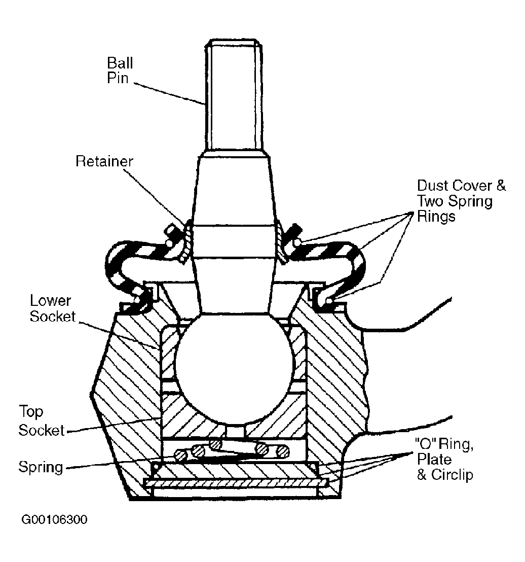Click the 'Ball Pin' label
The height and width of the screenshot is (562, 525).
(x=120, y=70)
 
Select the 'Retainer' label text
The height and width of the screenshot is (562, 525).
(x=104, y=161)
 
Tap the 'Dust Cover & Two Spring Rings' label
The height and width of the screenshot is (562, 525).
(x=461, y=201)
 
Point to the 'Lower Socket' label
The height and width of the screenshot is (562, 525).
(x=52, y=308)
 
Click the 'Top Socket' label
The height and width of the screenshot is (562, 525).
(x=41, y=420)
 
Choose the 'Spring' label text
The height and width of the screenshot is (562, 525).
(x=41, y=467)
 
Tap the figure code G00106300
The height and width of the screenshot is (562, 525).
(x=54, y=520)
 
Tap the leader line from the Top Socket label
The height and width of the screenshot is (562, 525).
(x=114, y=425)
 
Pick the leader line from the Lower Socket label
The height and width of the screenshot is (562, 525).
(x=119, y=336)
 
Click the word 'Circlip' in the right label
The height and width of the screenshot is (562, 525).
(x=452, y=475)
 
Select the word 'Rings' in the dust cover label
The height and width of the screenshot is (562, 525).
(x=436, y=217)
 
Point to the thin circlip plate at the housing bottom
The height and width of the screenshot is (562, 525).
(x=236, y=483)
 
